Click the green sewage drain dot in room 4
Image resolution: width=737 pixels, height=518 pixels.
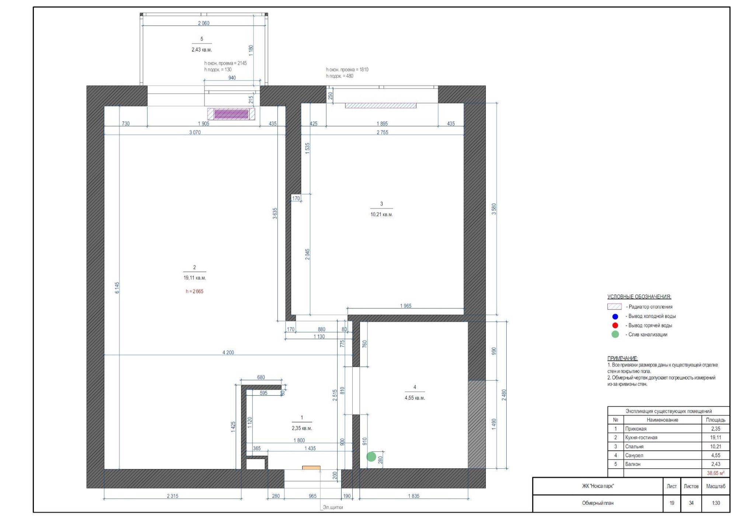[x=371, y=457]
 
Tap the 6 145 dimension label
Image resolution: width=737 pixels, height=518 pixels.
[x=117, y=288]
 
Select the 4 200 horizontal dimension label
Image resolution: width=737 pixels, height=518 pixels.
[x=228, y=353]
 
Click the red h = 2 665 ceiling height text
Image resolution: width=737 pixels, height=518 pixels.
[x=195, y=291]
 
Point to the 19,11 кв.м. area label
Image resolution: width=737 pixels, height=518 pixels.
[x=195, y=278]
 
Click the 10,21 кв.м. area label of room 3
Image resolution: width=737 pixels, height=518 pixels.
[x=382, y=214]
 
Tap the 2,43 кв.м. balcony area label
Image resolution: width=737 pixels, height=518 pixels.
[x=202, y=50]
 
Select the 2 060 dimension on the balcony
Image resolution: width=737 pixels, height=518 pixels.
[x=203, y=23]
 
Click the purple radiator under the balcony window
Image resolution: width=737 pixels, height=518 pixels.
[x=231, y=114]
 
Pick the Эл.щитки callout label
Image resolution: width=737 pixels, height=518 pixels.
[x=333, y=507]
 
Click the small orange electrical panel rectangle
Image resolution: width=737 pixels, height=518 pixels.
[x=311, y=468]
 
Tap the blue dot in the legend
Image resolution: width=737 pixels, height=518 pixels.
[x=615, y=316]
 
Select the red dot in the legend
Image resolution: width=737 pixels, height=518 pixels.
[x=615, y=325]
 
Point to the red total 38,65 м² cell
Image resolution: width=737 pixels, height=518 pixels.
[x=716, y=473]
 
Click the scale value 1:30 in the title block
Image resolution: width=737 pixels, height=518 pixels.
[x=716, y=503]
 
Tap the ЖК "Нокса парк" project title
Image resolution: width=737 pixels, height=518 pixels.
[x=598, y=486]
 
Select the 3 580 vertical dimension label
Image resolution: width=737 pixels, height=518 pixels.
[x=494, y=209]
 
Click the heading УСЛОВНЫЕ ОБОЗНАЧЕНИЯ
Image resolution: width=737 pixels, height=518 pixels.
[x=639, y=297]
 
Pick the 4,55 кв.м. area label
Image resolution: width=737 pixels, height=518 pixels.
[x=415, y=398]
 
